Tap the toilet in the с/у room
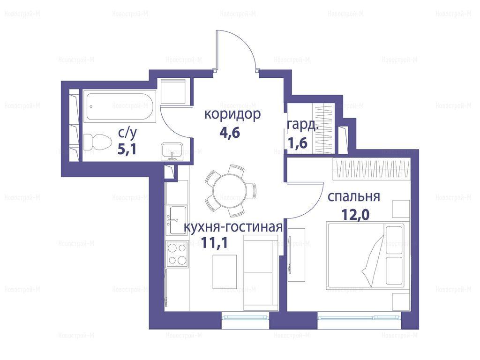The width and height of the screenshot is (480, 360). pyautogui.click(x=97, y=142)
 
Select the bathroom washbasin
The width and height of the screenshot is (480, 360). pyautogui.click(x=172, y=151)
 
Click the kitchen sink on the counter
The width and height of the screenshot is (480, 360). pyautogui.click(x=176, y=220)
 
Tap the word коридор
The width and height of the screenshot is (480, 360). pyautogui.click(x=232, y=114)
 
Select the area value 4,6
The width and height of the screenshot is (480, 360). pyautogui.click(x=230, y=133)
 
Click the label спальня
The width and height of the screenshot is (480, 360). pyautogui.click(x=353, y=197)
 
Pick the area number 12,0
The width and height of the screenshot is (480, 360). pyautogui.click(x=355, y=215)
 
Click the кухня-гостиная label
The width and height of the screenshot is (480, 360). pyautogui.click(x=233, y=227)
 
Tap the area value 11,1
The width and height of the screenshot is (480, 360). pyautogui.click(x=214, y=243)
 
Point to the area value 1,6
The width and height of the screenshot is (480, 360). pyautogui.click(x=298, y=142)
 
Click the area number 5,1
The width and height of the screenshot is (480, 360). pyautogui.click(x=127, y=150)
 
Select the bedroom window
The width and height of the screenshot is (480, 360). pyautogui.click(x=360, y=317)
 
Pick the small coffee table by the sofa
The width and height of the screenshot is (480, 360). pyautogui.click(x=225, y=271)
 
